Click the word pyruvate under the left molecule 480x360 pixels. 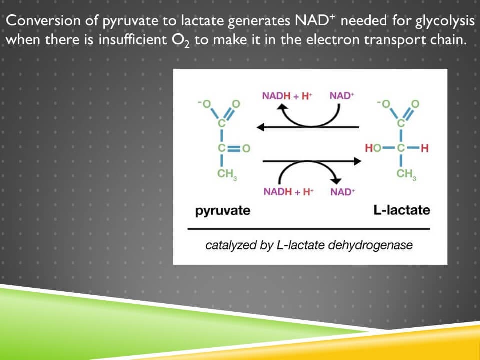coord(222,210)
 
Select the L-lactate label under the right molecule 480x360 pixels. coord(401,210)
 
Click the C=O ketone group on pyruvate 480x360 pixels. coord(230,148)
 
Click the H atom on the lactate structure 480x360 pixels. coord(425,148)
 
